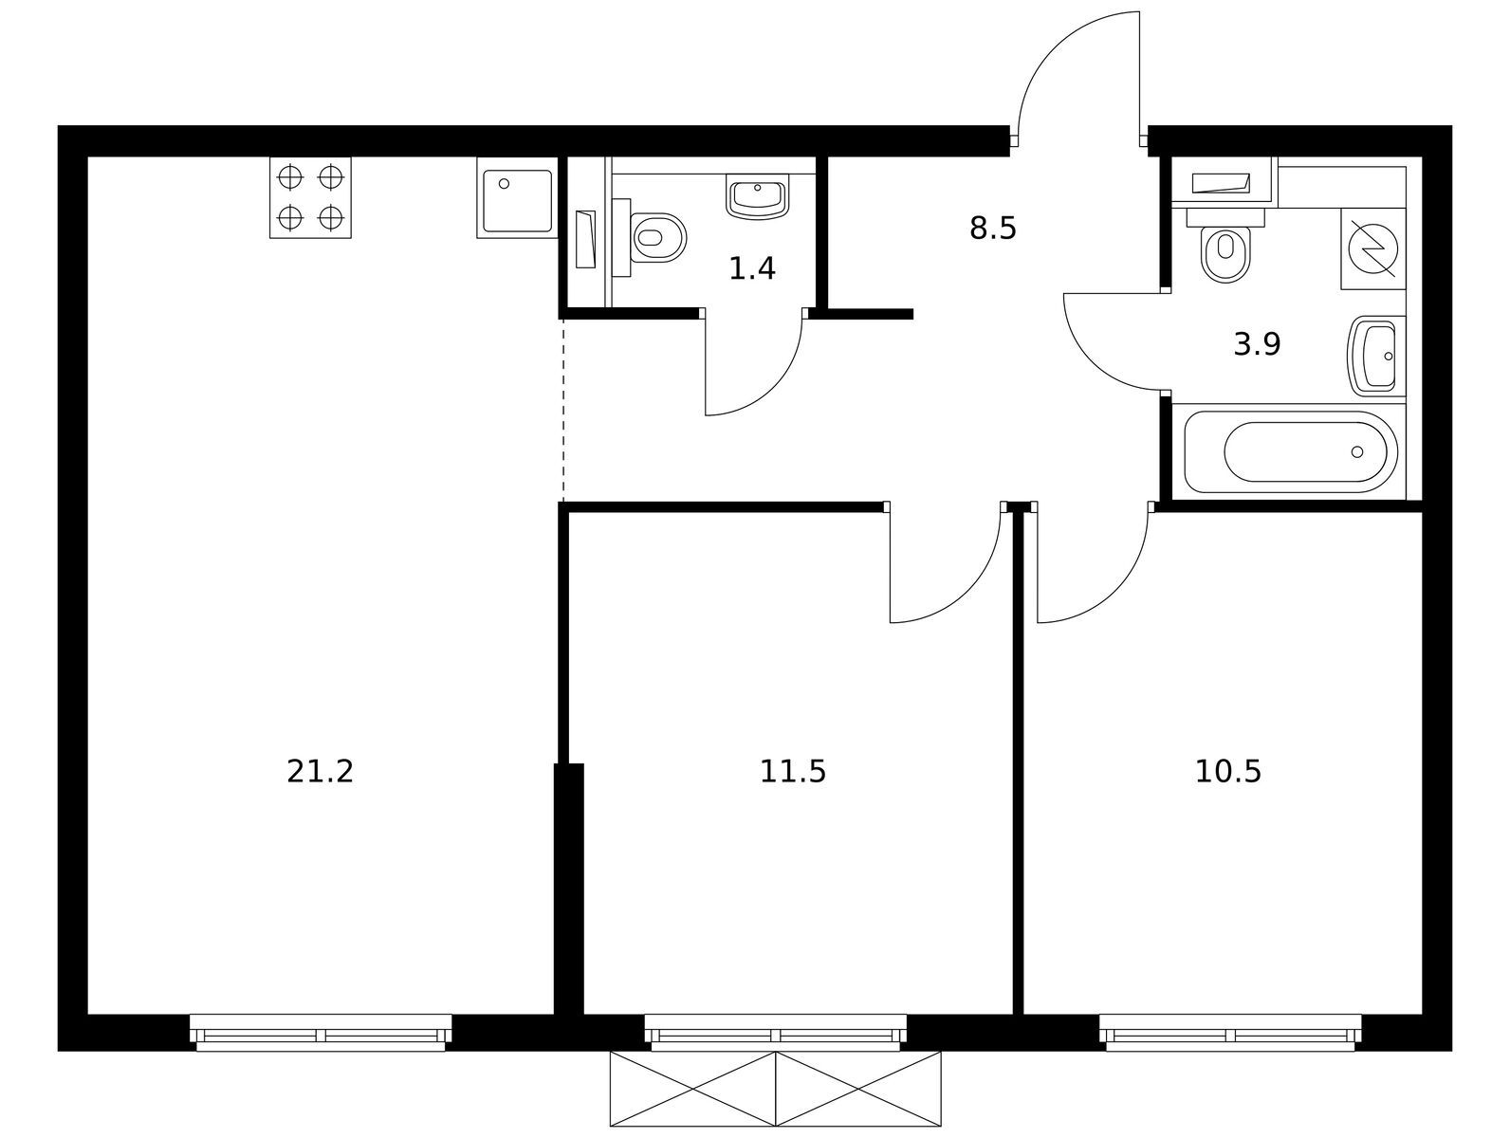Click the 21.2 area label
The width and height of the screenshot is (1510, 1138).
pyautogui.click(x=320, y=772)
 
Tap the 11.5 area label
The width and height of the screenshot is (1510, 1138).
pyautogui.click(x=793, y=772)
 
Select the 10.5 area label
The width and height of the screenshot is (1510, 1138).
pyautogui.click(x=1228, y=772)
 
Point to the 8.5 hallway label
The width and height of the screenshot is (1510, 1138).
pyautogui.click(x=993, y=229)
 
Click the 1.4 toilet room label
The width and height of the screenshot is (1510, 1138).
pyautogui.click(x=752, y=268)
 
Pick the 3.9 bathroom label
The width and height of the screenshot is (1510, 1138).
pyautogui.click(x=1257, y=344)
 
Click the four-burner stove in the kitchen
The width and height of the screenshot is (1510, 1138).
pyautogui.click(x=310, y=197)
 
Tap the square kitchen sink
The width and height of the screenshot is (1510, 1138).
pyautogui.click(x=517, y=197)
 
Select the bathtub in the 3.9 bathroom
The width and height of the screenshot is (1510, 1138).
pyautogui.click(x=1291, y=451)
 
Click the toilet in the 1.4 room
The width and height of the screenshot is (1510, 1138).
pyautogui.click(x=650, y=238)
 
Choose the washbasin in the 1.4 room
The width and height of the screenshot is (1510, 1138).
pyautogui.click(x=758, y=196)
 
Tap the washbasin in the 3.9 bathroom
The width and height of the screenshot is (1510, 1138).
pyautogui.click(x=1376, y=357)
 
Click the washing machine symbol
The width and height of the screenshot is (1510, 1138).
pyautogui.click(x=1373, y=248)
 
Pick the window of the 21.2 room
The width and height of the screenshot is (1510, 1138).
pyautogui.click(x=321, y=1033)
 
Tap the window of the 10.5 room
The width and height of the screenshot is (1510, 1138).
pyautogui.click(x=1230, y=1033)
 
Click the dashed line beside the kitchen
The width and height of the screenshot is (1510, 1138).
pyautogui.click(x=563, y=412)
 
